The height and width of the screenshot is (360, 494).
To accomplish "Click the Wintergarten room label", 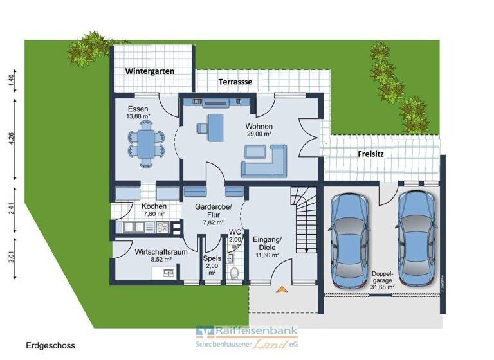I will click(149, 71).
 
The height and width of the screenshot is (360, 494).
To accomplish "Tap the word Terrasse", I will click(235, 82).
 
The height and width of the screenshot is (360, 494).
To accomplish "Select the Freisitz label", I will click(371, 154).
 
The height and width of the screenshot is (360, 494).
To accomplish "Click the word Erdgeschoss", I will click(51, 345).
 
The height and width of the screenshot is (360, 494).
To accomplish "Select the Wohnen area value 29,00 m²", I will click(259, 134).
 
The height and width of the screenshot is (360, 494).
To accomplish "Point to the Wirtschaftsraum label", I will click(161, 251).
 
